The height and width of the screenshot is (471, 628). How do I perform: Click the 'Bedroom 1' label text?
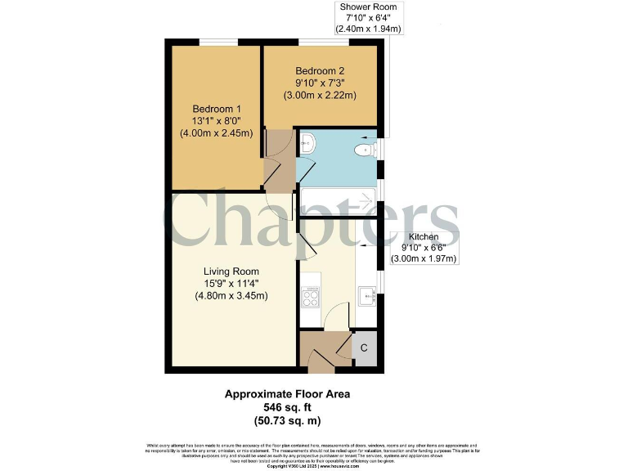click(x=217, y=109)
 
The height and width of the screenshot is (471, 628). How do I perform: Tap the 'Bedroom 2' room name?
click(x=320, y=70)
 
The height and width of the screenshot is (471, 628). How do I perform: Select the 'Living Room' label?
click(x=231, y=271)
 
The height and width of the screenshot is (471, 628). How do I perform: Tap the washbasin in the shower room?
click(x=307, y=145)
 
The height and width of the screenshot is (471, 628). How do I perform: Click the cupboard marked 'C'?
click(x=365, y=348)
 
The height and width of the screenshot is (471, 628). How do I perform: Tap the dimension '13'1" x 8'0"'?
click(x=217, y=121)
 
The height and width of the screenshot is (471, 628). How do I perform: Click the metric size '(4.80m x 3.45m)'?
click(x=231, y=296)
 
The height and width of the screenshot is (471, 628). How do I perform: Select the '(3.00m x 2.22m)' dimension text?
click(x=320, y=95)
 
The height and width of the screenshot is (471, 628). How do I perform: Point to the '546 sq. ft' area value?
click(x=287, y=406)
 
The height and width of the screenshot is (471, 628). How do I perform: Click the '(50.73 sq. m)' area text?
click(x=287, y=420)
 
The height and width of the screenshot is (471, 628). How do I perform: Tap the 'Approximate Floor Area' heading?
click(x=287, y=393)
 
